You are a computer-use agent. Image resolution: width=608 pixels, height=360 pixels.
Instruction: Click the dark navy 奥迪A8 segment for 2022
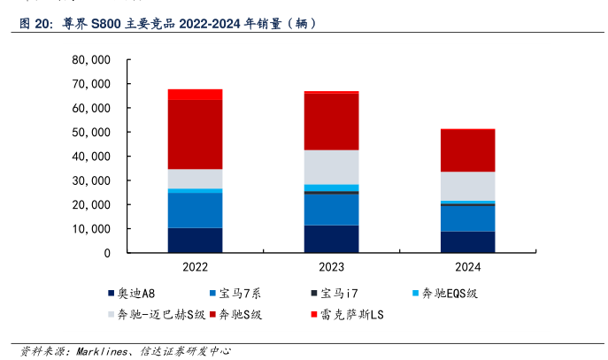point(195,240)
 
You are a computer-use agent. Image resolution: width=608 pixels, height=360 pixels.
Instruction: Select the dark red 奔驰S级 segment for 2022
point(195,134)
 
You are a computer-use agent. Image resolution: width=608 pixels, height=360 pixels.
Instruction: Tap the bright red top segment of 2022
point(195,94)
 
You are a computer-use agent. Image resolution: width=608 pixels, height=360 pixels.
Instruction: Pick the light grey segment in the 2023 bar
point(331,167)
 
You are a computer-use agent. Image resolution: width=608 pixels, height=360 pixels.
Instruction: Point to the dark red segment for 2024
point(466,151)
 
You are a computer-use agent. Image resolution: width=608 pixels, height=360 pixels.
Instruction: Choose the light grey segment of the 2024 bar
point(466,186)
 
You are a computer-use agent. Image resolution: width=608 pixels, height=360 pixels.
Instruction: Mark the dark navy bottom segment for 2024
point(466,241)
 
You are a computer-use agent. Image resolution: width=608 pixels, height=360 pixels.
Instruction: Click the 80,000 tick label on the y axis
point(91,60)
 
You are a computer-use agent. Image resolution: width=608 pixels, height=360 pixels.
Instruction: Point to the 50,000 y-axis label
point(91,132)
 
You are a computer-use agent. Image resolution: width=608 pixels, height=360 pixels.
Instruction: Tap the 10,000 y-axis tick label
point(91,228)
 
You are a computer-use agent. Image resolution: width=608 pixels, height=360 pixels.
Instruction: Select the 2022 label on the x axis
point(195,266)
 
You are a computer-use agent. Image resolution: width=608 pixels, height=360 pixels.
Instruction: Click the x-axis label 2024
point(466,266)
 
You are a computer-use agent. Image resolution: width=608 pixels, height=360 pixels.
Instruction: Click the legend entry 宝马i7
point(242,293)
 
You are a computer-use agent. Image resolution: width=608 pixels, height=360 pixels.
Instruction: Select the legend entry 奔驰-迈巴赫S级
point(153,314)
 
